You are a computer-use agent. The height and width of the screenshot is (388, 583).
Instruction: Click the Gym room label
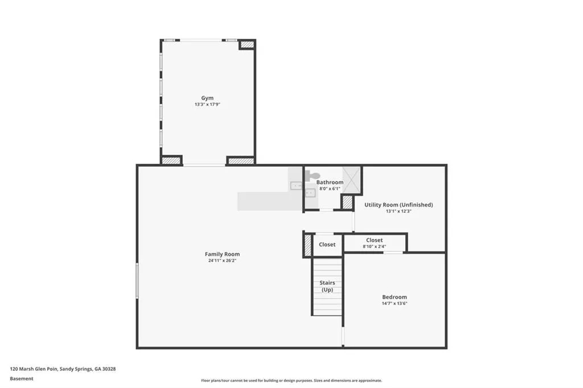207,98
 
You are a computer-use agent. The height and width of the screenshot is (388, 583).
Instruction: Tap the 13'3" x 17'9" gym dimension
207,105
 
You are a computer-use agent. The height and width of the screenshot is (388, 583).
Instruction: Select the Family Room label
222,254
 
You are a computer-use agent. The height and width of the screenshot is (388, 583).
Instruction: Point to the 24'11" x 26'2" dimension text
222,261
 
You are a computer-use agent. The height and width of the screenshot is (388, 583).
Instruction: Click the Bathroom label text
330,183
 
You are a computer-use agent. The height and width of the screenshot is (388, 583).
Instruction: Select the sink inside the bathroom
310,193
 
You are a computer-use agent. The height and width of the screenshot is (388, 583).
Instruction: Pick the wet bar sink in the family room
297,185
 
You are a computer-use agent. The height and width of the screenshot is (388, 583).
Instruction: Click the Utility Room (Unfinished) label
399,205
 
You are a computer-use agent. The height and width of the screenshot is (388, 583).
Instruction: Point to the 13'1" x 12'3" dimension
399,211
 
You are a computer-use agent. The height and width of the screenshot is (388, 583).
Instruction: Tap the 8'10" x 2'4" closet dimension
375,246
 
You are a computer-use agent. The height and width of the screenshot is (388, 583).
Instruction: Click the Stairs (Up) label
327,286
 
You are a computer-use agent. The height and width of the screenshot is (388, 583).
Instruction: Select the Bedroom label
394,297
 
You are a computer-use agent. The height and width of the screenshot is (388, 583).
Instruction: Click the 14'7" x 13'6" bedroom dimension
394,304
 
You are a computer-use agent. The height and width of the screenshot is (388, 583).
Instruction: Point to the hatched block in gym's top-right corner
247,44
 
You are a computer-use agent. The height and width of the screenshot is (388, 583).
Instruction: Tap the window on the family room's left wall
137,280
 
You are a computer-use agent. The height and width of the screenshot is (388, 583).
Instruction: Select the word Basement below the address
22,378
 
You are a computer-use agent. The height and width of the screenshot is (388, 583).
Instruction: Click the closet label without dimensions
327,245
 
